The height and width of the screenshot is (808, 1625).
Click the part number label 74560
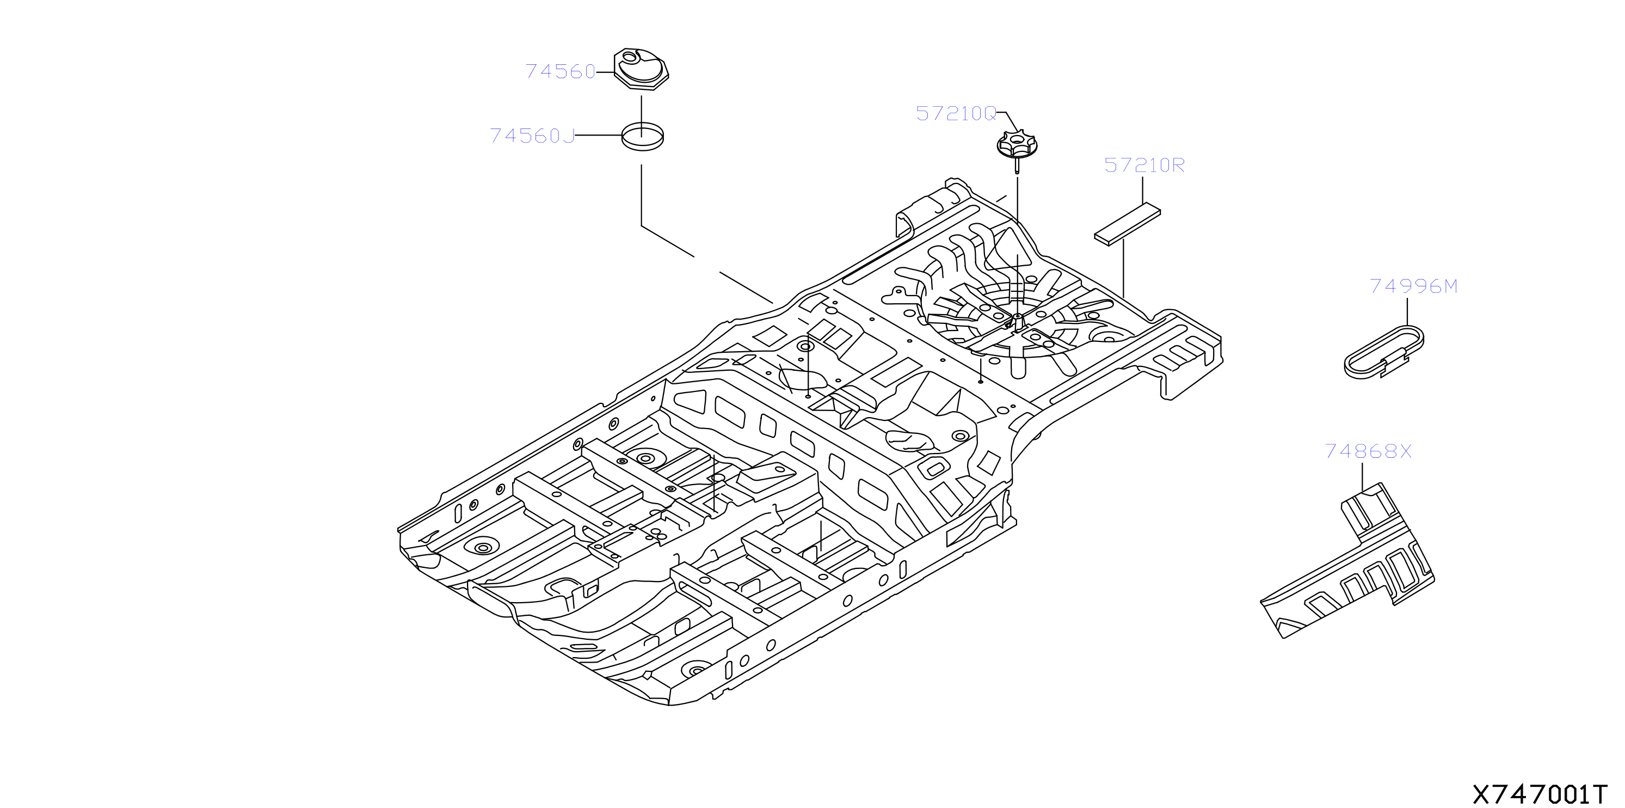(560, 71)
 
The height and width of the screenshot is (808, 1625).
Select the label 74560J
(532, 136)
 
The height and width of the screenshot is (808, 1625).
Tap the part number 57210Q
(956, 114)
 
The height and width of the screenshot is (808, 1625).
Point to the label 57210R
(1144, 166)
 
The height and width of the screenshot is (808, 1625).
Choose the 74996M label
(1414, 286)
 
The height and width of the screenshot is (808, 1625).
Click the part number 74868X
(1368, 451)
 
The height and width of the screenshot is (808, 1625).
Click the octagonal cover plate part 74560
(641, 69)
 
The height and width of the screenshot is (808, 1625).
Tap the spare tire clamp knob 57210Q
(1017, 144)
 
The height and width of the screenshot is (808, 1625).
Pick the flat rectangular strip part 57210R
(1127, 224)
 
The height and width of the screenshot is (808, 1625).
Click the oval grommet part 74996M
(1384, 352)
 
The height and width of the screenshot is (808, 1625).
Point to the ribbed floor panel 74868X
(1347, 562)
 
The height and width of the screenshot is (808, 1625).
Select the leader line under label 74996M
(1407, 312)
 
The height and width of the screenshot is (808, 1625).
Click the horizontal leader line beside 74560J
(599, 135)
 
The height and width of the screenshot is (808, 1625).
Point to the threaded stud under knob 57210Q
(1017, 166)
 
